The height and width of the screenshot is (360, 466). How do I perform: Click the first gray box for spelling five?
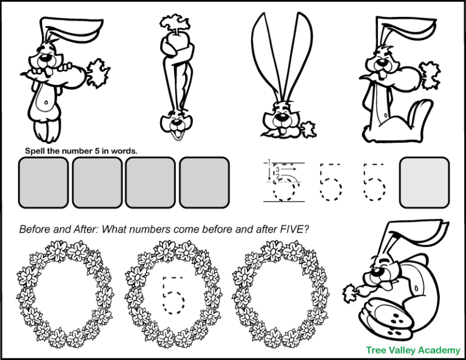(43, 182)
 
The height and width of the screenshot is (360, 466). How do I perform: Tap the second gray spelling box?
(97, 182)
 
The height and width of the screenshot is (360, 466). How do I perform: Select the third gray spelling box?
(150, 182)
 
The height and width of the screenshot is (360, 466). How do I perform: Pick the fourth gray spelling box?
(204, 182)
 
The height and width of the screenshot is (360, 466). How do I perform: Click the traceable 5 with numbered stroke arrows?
(282, 182)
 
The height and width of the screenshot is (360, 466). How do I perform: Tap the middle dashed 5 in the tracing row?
(331, 182)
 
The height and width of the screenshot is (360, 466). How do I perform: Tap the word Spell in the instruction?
(35, 151)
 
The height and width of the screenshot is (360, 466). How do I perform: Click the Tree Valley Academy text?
(413, 350)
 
